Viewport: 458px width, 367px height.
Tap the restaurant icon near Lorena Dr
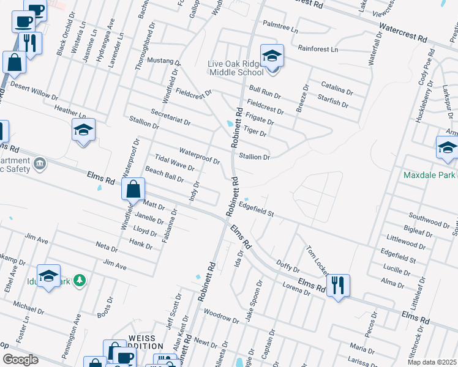coord(337,285)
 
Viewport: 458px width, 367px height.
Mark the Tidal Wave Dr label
coord(175,163)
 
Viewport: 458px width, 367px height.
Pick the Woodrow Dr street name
coord(220,316)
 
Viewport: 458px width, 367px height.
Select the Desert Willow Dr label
coord(34,92)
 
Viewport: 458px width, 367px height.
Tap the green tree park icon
coord(78,281)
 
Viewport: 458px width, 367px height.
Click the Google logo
coord(20,360)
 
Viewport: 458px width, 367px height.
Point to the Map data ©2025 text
coord(431,362)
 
